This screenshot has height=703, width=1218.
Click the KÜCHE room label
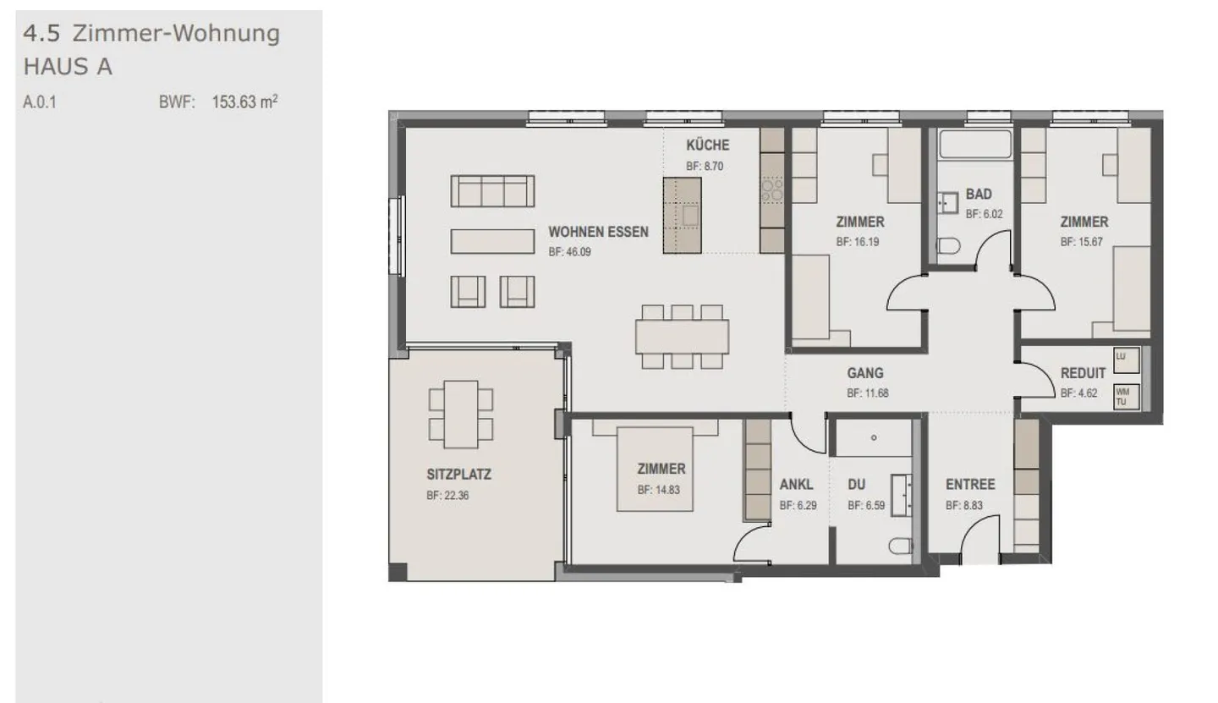click(x=707, y=145)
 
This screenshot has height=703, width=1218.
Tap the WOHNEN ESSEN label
click(x=598, y=232)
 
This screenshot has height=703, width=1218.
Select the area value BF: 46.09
click(x=569, y=252)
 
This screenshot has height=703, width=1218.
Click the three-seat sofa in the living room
click(x=492, y=191)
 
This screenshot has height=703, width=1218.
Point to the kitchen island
click(x=682, y=216)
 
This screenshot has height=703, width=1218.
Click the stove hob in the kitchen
click(x=772, y=190)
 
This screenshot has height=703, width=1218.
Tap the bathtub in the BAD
click(x=975, y=144)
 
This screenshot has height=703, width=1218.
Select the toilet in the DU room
click(x=901, y=546)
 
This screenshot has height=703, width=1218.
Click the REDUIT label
click(x=1083, y=373)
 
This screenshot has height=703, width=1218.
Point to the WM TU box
click(x=1126, y=397)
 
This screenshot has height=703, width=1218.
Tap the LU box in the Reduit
click(x=1126, y=360)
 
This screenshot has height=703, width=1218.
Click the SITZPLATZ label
click(x=458, y=474)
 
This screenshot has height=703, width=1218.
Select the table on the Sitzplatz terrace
click(x=461, y=415)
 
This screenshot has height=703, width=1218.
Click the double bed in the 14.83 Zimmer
click(x=655, y=469)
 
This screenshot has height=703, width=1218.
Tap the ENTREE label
click(x=970, y=484)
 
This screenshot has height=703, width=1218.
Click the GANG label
click(x=865, y=373)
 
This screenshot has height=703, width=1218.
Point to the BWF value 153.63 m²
click(x=244, y=102)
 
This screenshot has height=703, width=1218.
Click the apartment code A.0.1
click(x=40, y=102)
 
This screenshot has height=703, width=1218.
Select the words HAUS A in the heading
click(x=68, y=67)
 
